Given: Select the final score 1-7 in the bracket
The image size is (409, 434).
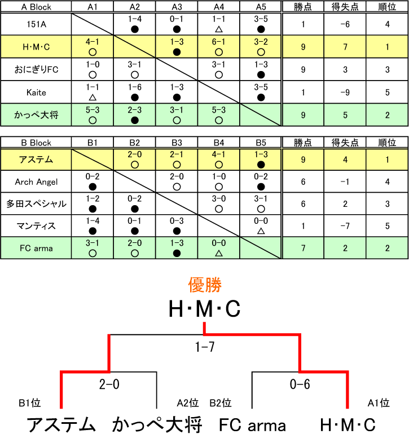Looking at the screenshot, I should coord(205,348).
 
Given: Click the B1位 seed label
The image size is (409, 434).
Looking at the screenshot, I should coord(29,403).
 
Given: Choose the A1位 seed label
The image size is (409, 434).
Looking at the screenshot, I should coord(379,403).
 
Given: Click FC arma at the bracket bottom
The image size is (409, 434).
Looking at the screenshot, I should coord(252,424).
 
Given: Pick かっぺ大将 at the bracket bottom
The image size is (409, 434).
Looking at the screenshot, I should coord(157,424).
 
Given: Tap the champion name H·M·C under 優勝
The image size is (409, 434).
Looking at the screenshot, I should coord(205,309).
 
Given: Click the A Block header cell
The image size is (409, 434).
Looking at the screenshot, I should coord(36,7).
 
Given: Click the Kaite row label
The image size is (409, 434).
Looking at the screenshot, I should coord(36,92).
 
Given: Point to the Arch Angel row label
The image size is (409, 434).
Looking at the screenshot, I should coord(36,182).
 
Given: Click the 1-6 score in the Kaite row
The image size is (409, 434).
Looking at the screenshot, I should coord(134,87).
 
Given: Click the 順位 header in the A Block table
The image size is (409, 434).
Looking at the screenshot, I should coord(387,7).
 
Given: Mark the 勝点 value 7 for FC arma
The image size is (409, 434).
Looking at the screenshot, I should coord(303,248).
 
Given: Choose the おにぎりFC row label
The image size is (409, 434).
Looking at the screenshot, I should coord(36,69).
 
